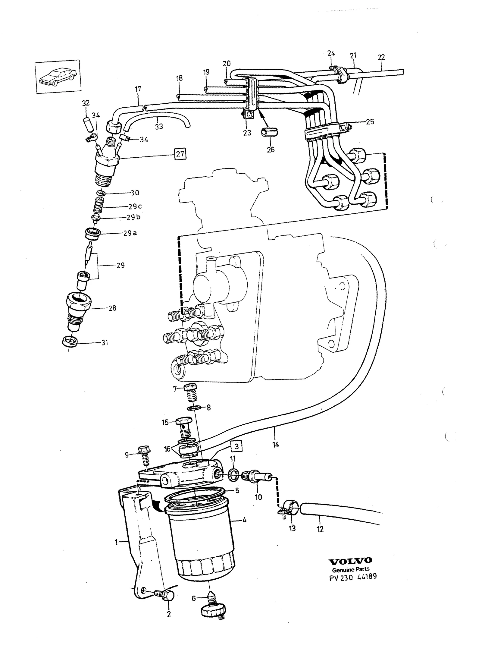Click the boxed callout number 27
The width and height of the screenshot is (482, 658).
click(x=180, y=154)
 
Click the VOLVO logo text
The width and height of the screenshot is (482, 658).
click(x=350, y=561)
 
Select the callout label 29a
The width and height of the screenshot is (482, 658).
click(x=130, y=233)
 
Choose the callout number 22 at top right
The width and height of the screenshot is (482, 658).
click(x=381, y=57)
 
